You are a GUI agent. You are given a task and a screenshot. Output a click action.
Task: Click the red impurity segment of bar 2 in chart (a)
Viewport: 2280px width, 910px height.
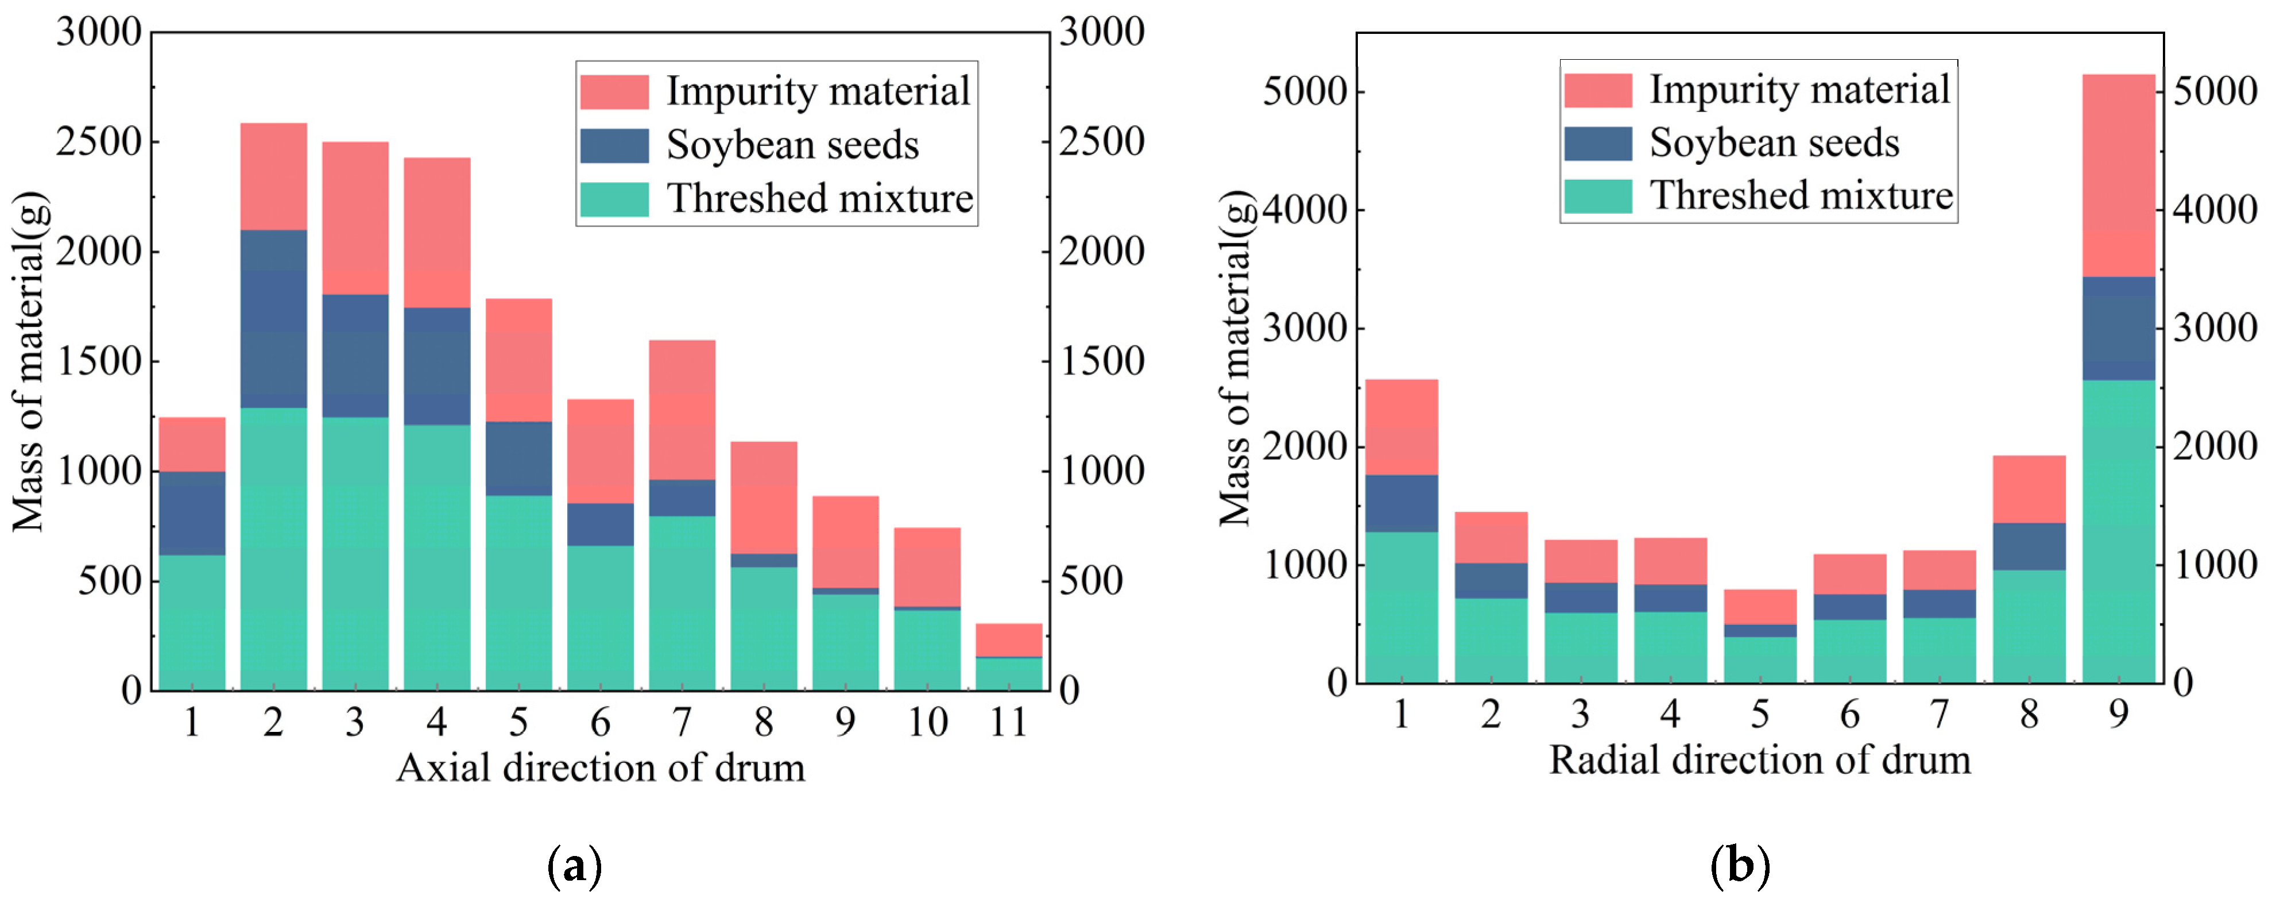coord(273,176)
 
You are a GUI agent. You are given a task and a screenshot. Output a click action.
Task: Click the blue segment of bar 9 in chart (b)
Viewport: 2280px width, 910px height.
coord(2118,329)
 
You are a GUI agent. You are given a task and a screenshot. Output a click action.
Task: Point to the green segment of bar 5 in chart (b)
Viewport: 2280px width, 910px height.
coord(1760,660)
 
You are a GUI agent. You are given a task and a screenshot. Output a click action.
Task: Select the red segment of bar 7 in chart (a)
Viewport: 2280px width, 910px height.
coord(682,409)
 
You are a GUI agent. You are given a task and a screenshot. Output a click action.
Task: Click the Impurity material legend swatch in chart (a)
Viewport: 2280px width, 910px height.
coord(614,92)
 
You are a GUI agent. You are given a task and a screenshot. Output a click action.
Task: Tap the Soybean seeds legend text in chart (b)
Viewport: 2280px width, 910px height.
coord(1774,142)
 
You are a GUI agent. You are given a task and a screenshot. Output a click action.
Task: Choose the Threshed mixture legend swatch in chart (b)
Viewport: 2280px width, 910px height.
coord(1597,196)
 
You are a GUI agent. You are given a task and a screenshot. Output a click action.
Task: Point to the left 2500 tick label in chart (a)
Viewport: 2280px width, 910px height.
coord(98,142)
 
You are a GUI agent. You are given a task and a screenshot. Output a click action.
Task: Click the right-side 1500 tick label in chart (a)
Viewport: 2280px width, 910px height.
coord(1102,361)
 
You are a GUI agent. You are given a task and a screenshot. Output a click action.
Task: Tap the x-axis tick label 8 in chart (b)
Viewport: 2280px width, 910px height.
coord(2029,714)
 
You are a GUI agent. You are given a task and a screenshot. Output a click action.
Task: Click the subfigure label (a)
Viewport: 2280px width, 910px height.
coord(574,866)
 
